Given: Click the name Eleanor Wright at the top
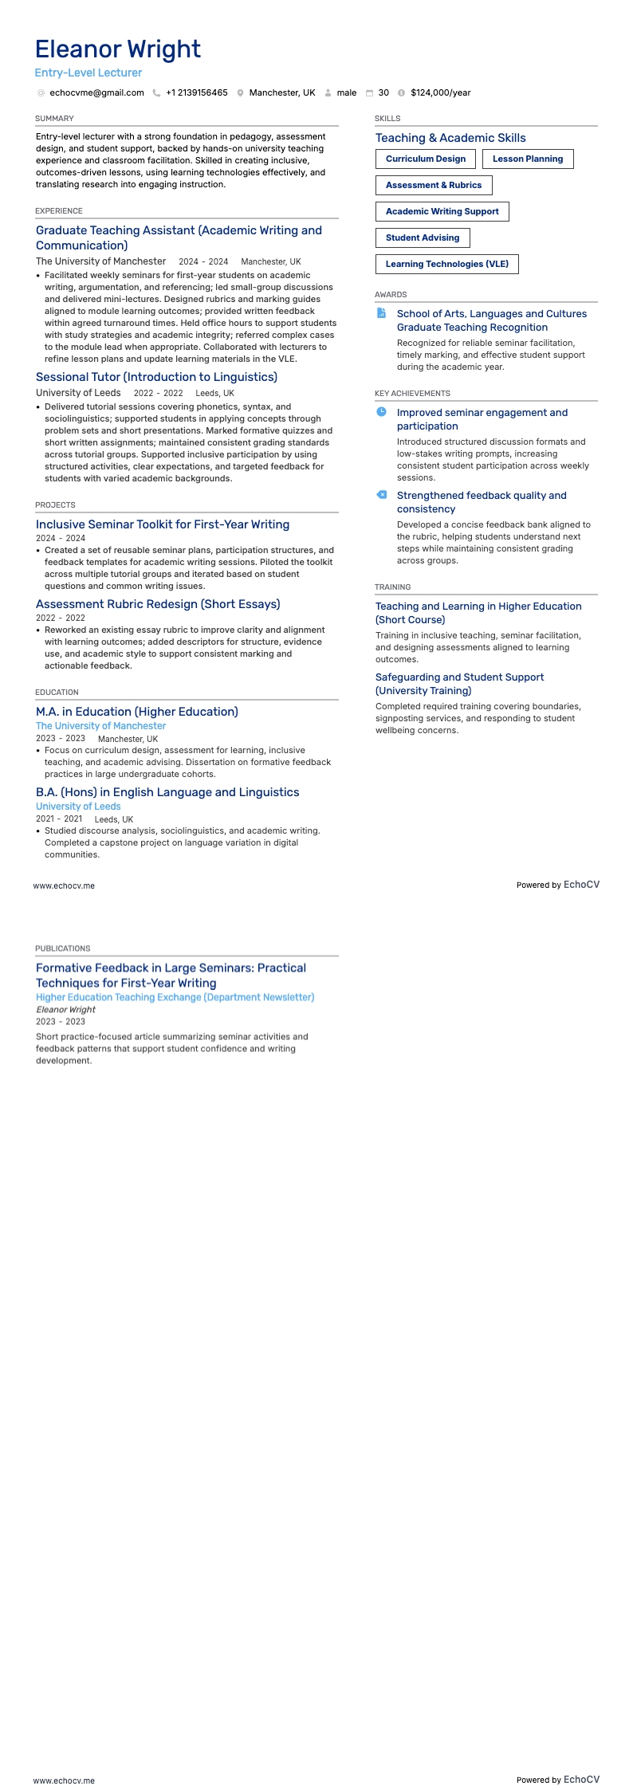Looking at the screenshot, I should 118,49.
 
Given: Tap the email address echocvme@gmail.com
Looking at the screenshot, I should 96,92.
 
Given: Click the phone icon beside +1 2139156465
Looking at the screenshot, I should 157,92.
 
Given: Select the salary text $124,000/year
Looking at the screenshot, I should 440,92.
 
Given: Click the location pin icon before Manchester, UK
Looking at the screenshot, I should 240,92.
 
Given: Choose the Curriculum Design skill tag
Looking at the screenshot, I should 426,159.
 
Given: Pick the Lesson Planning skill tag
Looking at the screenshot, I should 528,159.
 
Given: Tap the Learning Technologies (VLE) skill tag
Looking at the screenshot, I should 446,264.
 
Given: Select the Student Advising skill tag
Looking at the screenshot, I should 423,237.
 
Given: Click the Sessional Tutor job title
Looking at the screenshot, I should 156,377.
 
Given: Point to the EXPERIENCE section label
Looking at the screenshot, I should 59,211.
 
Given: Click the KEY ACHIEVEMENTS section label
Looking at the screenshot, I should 412,394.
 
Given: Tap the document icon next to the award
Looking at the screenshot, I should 382,313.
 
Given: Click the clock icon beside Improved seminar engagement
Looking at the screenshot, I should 382,412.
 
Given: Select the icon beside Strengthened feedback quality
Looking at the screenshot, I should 382,495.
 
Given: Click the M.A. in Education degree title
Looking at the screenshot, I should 137,712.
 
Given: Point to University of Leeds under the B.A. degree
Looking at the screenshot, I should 78,807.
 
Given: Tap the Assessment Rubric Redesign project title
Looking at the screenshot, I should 158,604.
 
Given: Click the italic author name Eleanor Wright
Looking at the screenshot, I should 65,1010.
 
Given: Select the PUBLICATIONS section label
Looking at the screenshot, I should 62,948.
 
